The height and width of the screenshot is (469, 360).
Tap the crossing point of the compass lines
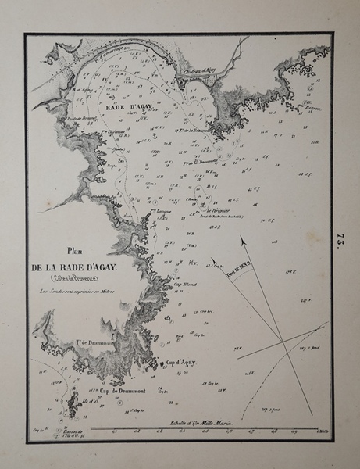(281, 341)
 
